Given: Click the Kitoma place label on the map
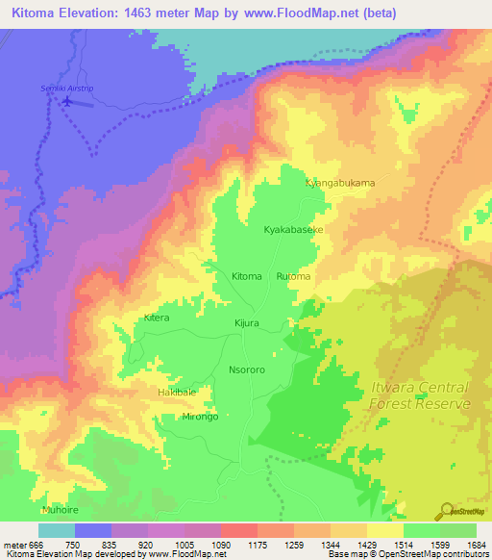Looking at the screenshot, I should coord(247,277).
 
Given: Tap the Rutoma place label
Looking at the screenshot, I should coord(294,277).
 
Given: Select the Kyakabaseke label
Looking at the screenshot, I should coord(294,231).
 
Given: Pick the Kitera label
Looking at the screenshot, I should coord(156,318).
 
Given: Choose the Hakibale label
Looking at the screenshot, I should coord(177,393).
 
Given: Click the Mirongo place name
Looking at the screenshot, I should coord(200,417).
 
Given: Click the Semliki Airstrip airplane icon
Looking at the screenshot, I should coord(67,99).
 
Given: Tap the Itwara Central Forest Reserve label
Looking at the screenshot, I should coord(420,395).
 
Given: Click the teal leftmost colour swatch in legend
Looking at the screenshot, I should coord(56,530).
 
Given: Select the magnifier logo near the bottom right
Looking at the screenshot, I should coord(448,510).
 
